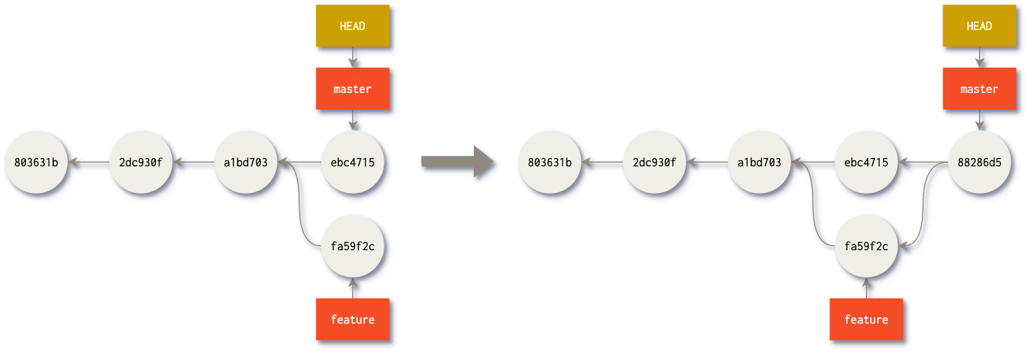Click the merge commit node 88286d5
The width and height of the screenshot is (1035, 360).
pos(978,162)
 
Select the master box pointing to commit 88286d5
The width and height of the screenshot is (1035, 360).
pos(978,89)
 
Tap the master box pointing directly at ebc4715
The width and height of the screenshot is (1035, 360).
pos(352,89)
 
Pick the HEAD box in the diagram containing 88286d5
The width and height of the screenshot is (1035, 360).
pos(978,26)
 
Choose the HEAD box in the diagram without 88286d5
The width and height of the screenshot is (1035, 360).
pos(352,26)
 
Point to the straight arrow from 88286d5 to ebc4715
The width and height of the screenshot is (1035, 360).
pos(922,163)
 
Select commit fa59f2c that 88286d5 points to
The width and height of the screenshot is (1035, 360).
pos(866,246)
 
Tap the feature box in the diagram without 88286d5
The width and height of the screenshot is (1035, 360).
pos(352,319)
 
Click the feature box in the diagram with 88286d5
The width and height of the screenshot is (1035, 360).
pos(866,319)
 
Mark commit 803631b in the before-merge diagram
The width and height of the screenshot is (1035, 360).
pos(36,162)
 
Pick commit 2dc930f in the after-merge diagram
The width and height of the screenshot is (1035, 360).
pos(654,162)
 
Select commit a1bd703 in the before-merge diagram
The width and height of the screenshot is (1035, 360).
pos(245,162)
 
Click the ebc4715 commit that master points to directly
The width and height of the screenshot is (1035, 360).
pos(352,162)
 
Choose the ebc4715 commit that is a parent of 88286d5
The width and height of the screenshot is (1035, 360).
pos(866,162)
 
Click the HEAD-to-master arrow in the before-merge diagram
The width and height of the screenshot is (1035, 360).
pos(352,57)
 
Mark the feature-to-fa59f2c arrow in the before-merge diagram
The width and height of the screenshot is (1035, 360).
pos(352,287)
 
